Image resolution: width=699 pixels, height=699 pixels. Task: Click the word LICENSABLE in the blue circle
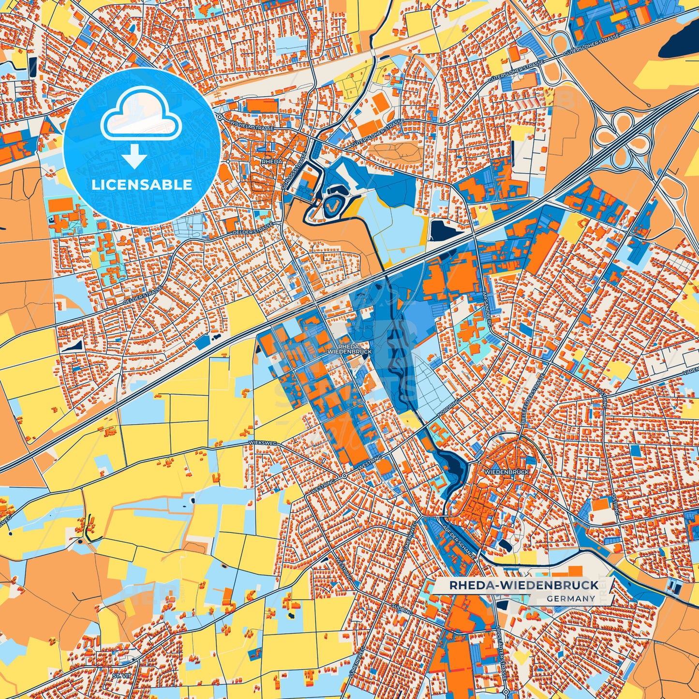pos(141,185)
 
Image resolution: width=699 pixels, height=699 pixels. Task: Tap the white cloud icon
pos(141,115)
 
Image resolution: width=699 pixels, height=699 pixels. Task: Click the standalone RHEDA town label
pos(271,161)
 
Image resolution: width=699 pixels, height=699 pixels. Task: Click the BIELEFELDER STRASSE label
pos(534,399)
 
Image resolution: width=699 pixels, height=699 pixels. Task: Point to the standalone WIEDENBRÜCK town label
pos(506,471)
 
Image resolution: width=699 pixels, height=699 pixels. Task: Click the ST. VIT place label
pos(119,675)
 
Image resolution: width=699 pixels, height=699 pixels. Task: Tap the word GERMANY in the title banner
pos(571,598)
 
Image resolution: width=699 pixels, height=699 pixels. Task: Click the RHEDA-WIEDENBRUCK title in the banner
pos(524,585)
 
